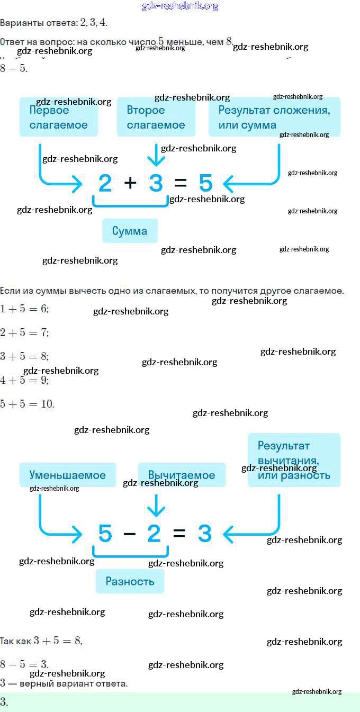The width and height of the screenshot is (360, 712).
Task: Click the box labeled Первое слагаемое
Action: point(59,118)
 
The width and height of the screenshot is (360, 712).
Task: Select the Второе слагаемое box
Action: point(156,118)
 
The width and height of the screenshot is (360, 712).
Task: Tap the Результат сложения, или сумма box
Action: point(274,118)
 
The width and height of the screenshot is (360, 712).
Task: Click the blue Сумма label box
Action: point(130,231)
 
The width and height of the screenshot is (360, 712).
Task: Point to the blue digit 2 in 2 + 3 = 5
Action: point(105,184)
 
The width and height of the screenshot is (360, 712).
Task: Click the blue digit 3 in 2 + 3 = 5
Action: point(156,184)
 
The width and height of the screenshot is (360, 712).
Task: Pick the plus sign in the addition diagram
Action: point(130,183)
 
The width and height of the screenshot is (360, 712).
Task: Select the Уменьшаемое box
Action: point(67,475)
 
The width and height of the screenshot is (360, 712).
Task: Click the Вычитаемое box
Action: point(182,475)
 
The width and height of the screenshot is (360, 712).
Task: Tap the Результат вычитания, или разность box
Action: point(294,460)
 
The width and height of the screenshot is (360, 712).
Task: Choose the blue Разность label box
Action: point(130,581)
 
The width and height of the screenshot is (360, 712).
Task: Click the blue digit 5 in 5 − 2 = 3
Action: point(105,534)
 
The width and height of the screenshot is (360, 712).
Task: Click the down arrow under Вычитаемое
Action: point(156,506)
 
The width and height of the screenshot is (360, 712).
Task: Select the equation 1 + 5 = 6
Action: point(24,309)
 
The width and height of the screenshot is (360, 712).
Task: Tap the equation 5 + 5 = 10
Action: point(27,404)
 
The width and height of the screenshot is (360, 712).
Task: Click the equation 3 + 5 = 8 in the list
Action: point(24,356)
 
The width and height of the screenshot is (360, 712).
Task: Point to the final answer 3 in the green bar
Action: point(4,702)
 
